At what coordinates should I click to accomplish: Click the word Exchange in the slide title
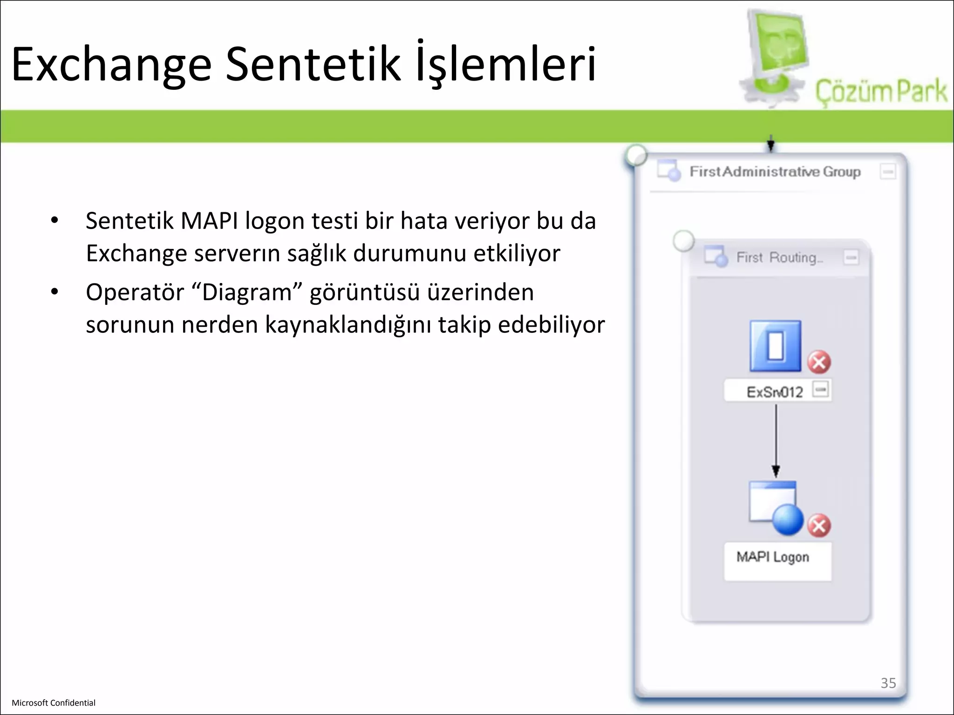(111, 65)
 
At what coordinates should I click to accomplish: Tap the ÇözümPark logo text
(881, 91)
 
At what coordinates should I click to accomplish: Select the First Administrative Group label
(775, 172)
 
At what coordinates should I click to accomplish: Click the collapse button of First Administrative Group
(888, 172)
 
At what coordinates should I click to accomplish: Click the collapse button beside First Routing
(851, 257)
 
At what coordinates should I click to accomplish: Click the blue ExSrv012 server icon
(775, 346)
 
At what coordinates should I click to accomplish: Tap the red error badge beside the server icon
(819, 362)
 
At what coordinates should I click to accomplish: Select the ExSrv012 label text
(774, 392)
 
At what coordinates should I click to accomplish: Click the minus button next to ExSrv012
(821, 389)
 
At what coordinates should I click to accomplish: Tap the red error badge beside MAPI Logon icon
(819, 526)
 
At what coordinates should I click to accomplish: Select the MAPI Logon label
(773, 557)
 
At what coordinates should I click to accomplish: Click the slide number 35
(888, 683)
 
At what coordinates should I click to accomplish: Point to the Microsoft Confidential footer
(54, 703)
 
